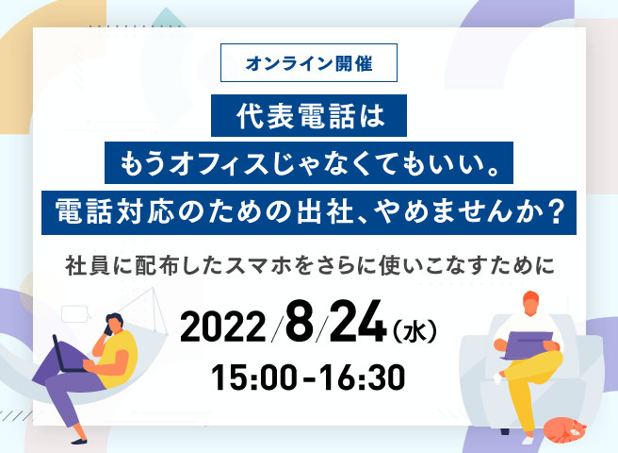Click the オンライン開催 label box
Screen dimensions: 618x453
pyautogui.click(x=309, y=63)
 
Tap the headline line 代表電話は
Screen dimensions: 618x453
pyautogui.click(x=309, y=116)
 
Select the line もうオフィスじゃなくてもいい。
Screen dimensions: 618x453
pyautogui.click(x=309, y=162)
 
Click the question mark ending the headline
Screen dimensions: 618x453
pyautogui.click(x=557, y=212)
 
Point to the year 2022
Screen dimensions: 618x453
pyautogui.click(x=222, y=327)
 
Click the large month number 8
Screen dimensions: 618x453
pyautogui.click(x=300, y=321)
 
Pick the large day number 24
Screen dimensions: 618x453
pyautogui.click(x=357, y=321)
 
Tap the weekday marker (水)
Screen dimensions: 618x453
pyautogui.click(x=415, y=332)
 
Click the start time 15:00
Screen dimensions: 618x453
pyautogui.click(x=253, y=377)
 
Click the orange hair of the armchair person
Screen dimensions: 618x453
pyautogui.click(x=531, y=297)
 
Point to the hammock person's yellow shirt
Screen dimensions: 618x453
pyautogui.click(x=117, y=360)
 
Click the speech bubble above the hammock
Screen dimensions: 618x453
pyautogui.click(x=75, y=314)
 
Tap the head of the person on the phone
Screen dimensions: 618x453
pyautogui.click(x=113, y=324)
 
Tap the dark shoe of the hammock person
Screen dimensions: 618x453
pyautogui.click(x=79, y=441)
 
